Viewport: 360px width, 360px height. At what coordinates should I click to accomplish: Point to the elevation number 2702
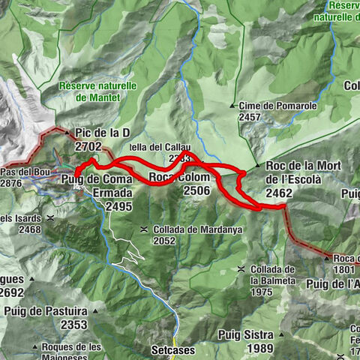tap(88, 146)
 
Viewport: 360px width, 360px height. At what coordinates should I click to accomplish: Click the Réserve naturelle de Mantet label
tap(97, 91)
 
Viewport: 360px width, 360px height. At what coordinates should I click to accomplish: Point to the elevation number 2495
tap(119, 205)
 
